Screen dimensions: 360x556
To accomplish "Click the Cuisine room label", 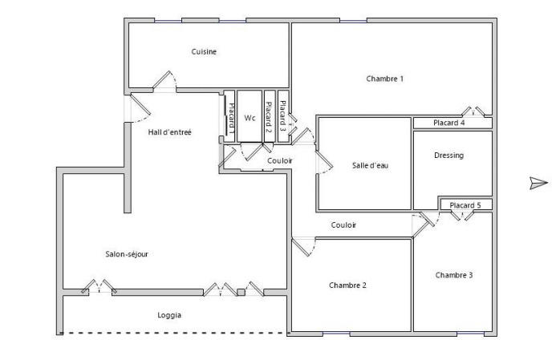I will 204,51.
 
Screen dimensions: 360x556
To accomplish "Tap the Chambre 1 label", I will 384,79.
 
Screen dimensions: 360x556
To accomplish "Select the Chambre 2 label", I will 347,285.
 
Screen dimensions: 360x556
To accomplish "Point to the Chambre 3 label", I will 454,275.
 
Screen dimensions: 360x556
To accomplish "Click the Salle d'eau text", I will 370,166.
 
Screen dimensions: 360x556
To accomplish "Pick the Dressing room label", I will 448,156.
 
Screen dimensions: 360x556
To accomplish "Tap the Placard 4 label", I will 449,123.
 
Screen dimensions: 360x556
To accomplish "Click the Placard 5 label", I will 465,205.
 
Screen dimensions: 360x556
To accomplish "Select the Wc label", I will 250,118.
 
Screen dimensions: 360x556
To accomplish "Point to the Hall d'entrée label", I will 170,132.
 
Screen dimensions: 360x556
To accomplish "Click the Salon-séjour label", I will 127,254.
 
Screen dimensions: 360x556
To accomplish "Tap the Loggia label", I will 169,315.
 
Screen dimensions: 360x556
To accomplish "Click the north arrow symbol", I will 538,184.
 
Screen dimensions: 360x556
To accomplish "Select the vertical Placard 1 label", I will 230,118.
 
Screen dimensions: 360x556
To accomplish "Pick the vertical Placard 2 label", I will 269,118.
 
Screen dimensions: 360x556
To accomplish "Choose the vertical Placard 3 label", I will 283,113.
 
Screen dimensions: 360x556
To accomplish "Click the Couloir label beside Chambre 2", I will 343,225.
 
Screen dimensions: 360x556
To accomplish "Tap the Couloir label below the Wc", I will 279,161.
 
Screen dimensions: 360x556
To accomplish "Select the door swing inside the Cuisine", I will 164,79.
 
